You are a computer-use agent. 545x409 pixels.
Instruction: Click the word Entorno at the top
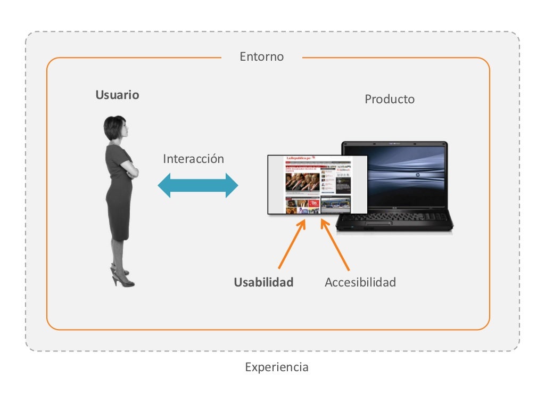[261, 56]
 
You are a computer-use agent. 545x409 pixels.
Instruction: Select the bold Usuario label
[117, 95]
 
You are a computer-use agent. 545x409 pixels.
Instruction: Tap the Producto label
[390, 100]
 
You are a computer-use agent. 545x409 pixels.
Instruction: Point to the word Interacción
[193, 159]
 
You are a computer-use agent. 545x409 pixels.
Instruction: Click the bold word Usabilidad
[263, 283]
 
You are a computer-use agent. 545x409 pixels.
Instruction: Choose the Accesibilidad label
[360, 283]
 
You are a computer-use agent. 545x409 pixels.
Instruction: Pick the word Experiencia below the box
[276, 367]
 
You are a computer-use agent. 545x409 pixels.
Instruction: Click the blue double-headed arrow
[198, 185]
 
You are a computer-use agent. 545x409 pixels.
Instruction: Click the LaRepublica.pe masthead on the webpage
[301, 159]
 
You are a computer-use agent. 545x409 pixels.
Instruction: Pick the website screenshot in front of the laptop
[317, 184]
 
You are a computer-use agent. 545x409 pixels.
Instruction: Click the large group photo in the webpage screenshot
[302, 182]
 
